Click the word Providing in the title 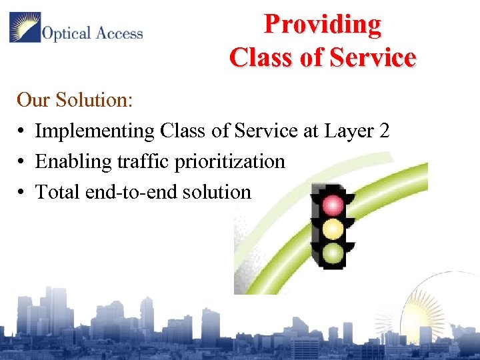323,25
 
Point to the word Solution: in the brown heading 95,101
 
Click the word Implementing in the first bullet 95,131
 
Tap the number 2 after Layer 383,131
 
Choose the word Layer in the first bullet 348,131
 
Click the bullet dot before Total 22,193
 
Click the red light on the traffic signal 333,205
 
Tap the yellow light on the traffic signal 333,229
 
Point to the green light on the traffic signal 333,253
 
